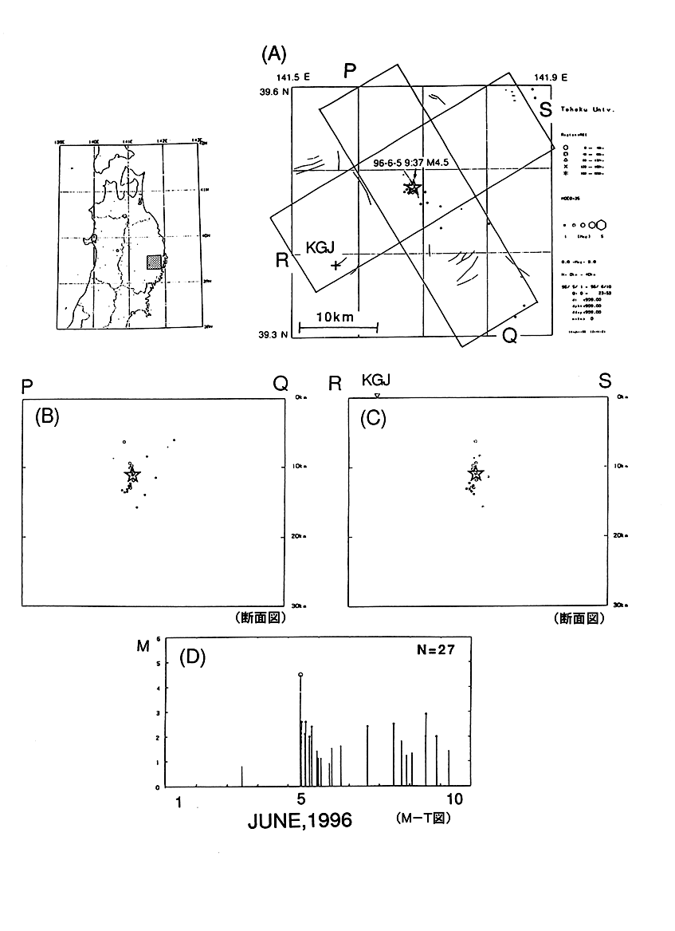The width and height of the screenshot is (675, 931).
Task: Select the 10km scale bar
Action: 337,325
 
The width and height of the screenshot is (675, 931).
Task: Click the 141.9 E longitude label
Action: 546,77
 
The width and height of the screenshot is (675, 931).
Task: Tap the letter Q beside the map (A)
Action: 509,336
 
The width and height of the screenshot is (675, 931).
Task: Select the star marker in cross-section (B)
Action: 132,475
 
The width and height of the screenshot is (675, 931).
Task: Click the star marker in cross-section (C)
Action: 476,475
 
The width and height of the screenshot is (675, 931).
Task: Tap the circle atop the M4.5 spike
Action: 300,675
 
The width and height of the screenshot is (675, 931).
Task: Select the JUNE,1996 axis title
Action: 300,820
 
